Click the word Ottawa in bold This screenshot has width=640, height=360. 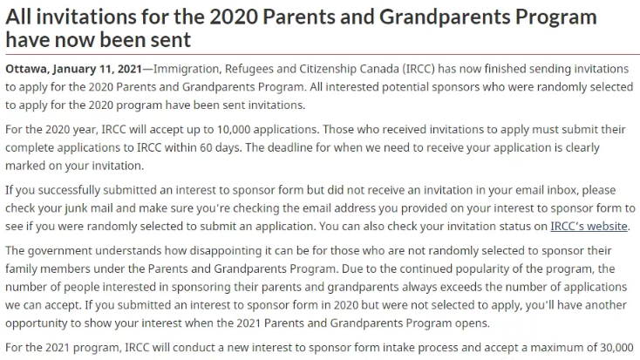point(26,69)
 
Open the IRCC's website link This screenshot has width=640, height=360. point(589,226)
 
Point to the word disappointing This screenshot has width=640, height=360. point(198,250)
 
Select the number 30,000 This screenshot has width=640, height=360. point(616,346)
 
